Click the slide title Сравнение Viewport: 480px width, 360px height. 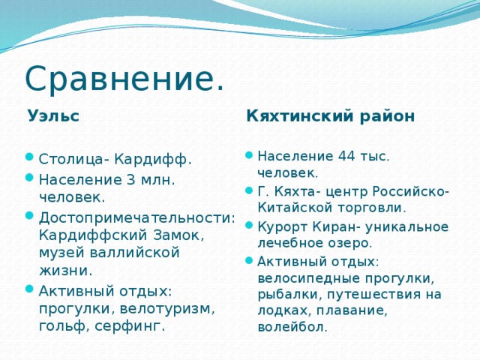point(124,79)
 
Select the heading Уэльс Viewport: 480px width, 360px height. point(53,116)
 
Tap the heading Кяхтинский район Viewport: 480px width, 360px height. point(330,116)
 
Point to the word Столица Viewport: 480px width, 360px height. point(70,160)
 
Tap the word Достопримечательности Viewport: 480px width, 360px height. point(137,217)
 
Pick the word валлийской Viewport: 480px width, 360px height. point(132,253)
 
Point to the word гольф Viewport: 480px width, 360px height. point(62,326)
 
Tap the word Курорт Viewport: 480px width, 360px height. point(280,226)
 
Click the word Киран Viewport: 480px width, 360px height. point(328,226)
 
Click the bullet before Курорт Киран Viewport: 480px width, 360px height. point(249,226)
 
